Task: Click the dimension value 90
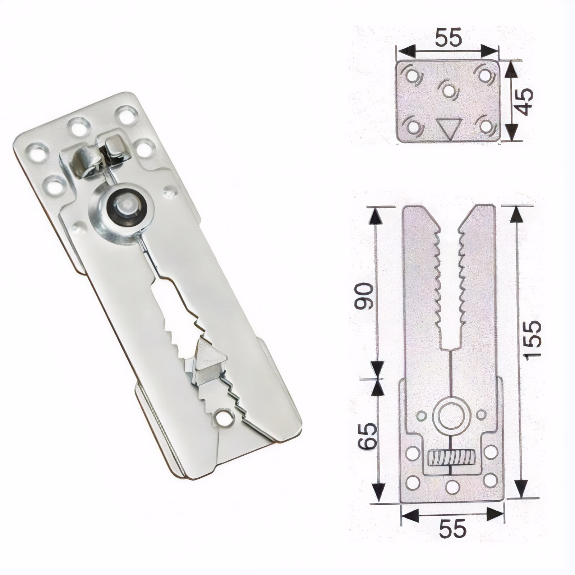click(363, 296)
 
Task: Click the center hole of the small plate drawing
click(448, 90)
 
